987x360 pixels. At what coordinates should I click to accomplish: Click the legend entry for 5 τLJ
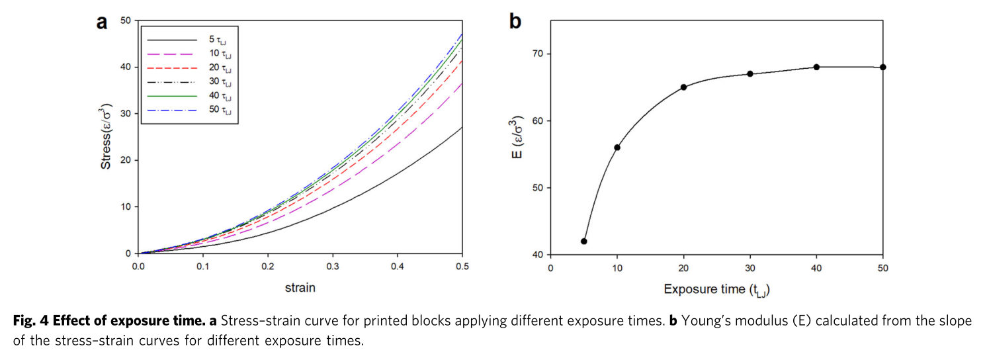(x=192, y=40)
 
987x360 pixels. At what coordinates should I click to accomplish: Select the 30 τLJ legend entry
(x=192, y=82)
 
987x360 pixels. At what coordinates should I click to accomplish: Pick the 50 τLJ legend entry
(x=192, y=110)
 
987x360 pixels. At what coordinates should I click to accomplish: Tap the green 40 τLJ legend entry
(x=192, y=96)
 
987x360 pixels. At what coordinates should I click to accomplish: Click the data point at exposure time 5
(x=583, y=241)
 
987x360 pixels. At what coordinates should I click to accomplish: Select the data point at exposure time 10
(x=617, y=147)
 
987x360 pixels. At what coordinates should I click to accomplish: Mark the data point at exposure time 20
(x=683, y=87)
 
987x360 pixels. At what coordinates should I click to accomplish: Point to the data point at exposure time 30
(x=750, y=73)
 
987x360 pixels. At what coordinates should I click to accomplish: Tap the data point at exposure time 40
(x=816, y=67)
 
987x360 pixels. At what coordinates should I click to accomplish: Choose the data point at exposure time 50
(x=883, y=67)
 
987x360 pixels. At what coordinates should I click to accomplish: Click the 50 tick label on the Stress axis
(x=125, y=21)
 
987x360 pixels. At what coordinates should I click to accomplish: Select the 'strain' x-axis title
(x=300, y=288)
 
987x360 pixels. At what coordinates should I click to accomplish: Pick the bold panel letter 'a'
(x=102, y=22)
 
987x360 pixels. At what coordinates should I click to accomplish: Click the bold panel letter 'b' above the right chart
(x=515, y=22)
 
